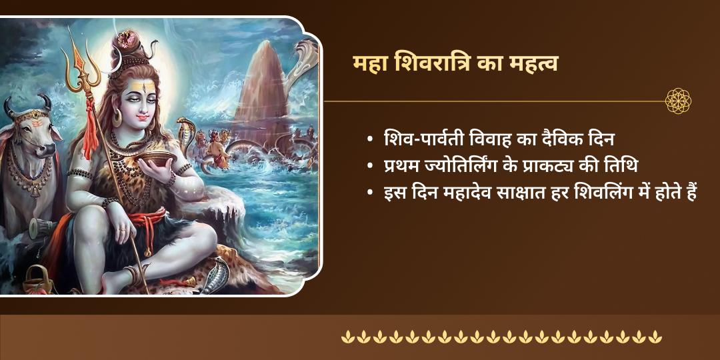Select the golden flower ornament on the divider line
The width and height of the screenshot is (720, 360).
point(678,101)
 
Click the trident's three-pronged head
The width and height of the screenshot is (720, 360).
point(82,70)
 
